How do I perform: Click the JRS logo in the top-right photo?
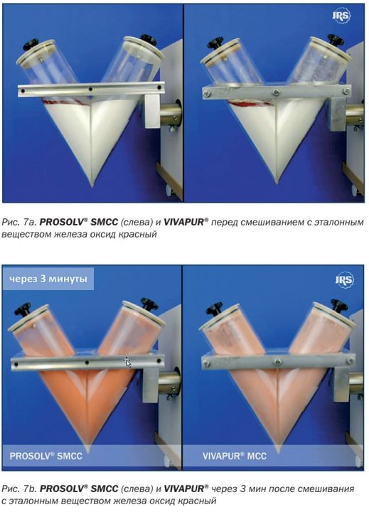click(341, 16)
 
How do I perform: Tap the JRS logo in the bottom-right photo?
click(345, 279)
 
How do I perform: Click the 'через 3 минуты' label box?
click(48, 279)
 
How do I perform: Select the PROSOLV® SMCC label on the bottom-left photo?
click(46, 456)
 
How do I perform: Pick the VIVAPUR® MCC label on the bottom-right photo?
click(235, 456)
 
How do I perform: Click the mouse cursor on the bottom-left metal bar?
click(127, 362)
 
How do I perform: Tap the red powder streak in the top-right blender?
click(250, 104)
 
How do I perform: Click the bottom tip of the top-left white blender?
click(92, 186)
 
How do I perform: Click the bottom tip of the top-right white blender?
click(277, 184)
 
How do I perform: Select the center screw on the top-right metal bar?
click(276, 92)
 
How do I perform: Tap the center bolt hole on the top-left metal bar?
click(90, 89)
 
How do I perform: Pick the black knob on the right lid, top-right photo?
click(336, 40)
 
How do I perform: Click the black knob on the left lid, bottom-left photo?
click(23, 309)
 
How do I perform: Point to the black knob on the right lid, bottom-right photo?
click(339, 304)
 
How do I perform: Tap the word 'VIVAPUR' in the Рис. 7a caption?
click(184, 223)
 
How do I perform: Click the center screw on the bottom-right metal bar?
click(277, 362)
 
